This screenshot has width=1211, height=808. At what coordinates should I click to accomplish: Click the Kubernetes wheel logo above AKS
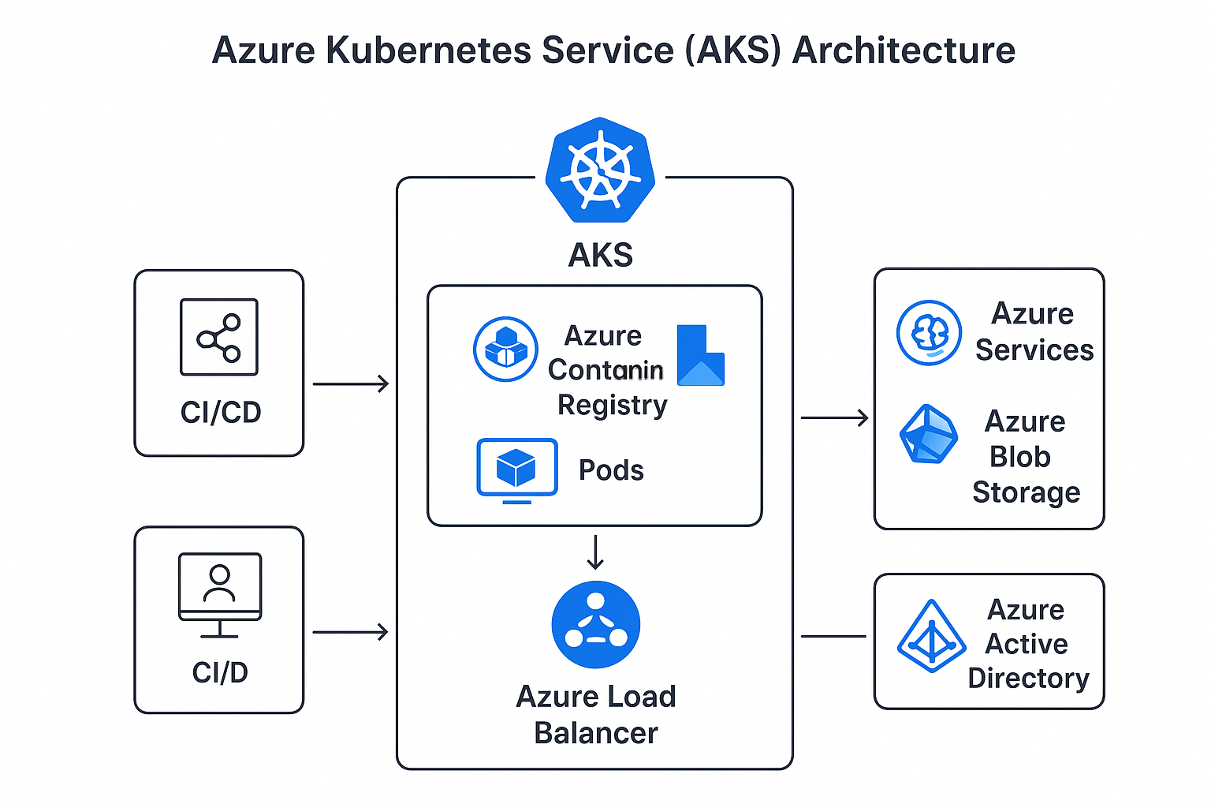pyautogui.click(x=600, y=170)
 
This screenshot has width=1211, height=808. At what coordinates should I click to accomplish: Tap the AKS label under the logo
pyautogui.click(x=600, y=255)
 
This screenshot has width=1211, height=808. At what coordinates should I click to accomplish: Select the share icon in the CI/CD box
pyautogui.click(x=219, y=337)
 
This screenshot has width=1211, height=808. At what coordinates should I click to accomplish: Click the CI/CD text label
pyautogui.click(x=221, y=412)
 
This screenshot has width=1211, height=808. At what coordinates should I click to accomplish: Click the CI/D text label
pyautogui.click(x=220, y=672)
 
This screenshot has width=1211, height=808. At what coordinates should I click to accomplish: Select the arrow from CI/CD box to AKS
pyautogui.click(x=350, y=384)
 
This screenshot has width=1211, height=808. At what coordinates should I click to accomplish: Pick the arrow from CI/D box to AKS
pyautogui.click(x=350, y=632)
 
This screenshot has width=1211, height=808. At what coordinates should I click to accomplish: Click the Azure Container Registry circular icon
pyautogui.click(x=505, y=349)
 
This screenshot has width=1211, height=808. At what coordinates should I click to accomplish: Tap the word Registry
pyautogui.click(x=612, y=405)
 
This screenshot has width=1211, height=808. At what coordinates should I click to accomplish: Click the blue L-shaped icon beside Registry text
pyautogui.click(x=699, y=356)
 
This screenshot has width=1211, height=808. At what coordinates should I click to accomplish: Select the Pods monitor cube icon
pyautogui.click(x=517, y=469)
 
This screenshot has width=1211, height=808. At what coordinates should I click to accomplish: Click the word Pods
pyautogui.click(x=611, y=470)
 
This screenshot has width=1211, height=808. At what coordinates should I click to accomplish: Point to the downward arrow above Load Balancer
pyautogui.click(x=595, y=552)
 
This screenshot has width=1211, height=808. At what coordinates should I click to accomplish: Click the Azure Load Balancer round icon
pyautogui.click(x=596, y=625)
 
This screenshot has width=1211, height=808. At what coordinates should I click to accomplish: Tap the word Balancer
pyautogui.click(x=596, y=733)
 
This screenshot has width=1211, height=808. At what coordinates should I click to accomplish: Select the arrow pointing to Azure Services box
pyautogui.click(x=834, y=417)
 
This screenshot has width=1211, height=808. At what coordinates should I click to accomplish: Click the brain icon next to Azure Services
pyautogui.click(x=929, y=332)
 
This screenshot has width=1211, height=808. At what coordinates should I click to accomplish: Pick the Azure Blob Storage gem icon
pyautogui.click(x=929, y=435)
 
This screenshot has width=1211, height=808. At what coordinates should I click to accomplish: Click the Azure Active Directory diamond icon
pyautogui.click(x=932, y=637)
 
